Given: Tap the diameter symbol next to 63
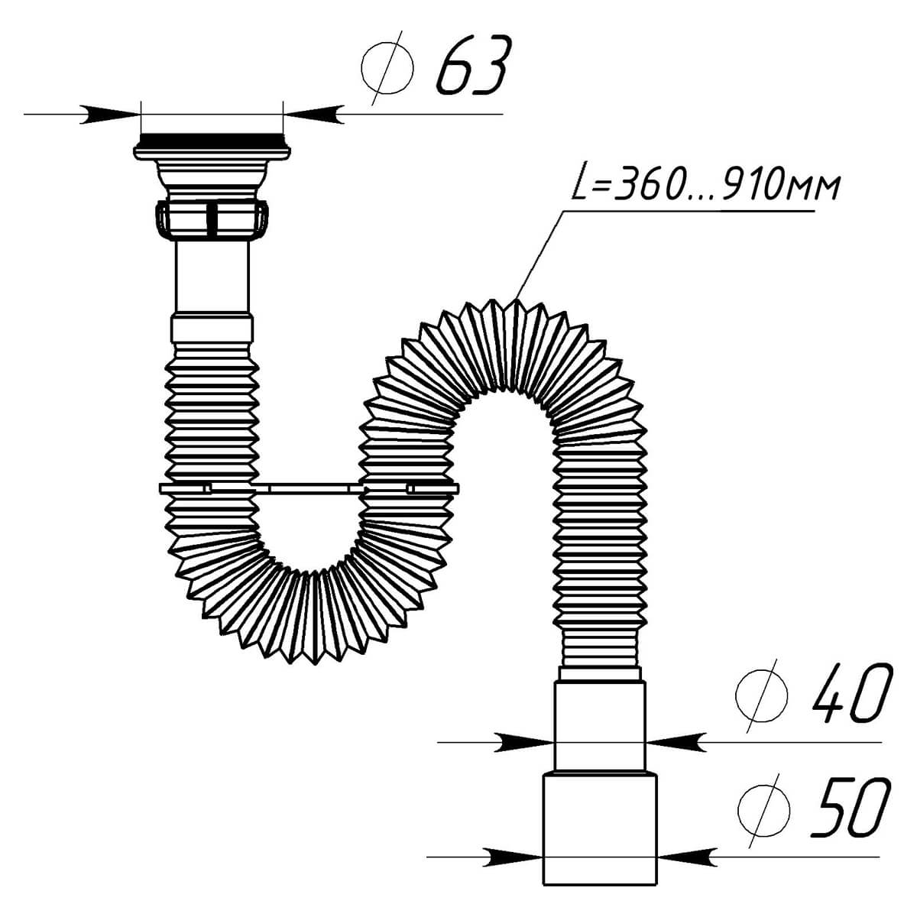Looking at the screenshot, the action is pos(387,69).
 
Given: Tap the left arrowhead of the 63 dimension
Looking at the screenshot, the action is pos(110,114).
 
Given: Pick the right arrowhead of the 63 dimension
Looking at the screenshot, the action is pos(313,114).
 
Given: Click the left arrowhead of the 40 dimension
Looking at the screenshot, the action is pos(524,742).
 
